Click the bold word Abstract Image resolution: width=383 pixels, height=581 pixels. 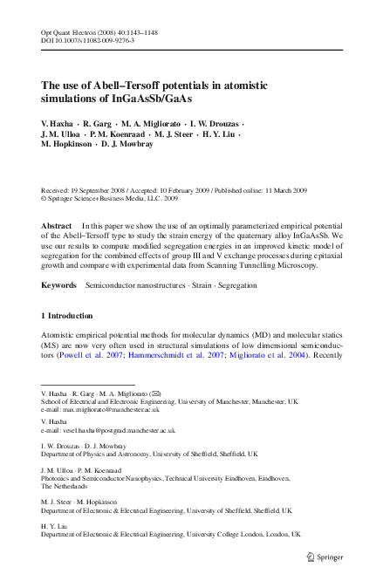pyautogui.click(x=57, y=225)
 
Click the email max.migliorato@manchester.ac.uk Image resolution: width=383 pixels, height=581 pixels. pyautogui.click(x=116, y=408)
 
